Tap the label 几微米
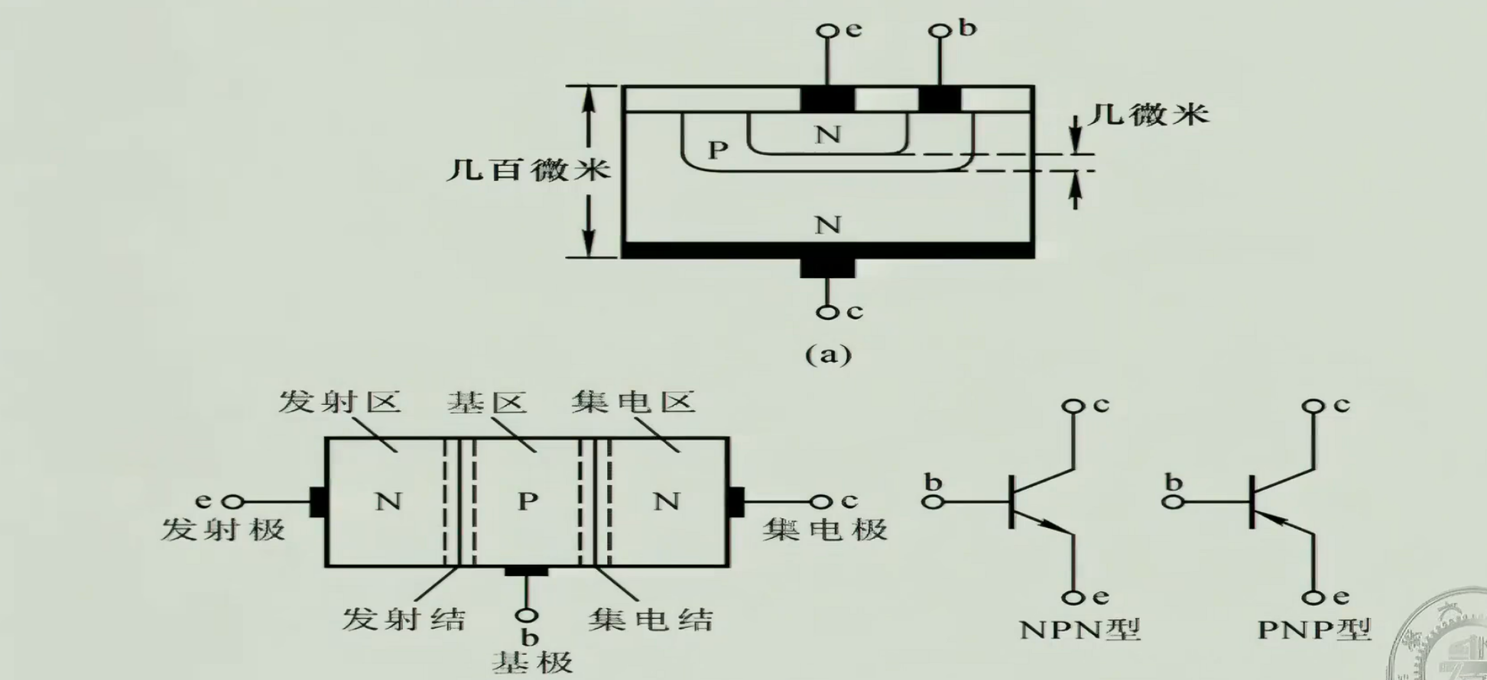1148,115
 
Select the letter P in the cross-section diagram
717,150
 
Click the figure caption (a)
828,354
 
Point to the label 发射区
339,402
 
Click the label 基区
487,402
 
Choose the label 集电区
633,402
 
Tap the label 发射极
222,529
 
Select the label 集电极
825,529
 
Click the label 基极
532,662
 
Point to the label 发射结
403,619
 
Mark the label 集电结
651,619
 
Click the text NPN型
1080,630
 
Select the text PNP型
1313,630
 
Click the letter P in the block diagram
528,502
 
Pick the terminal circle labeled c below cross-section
826,312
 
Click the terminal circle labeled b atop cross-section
940,31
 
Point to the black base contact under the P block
527,571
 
